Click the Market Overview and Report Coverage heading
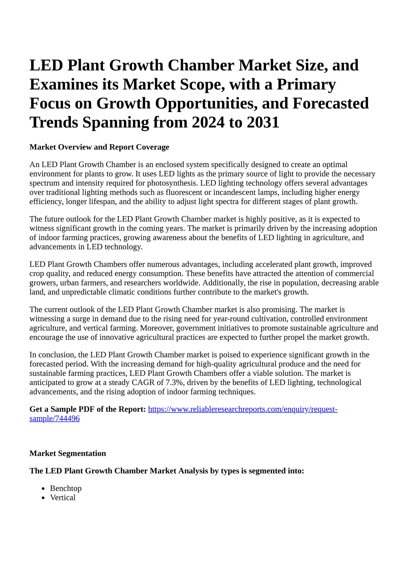99,147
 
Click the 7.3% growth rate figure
174,382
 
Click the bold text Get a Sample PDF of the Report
88,409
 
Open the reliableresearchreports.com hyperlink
243,409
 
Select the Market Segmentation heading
68,453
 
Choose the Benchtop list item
66,488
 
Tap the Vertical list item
63,498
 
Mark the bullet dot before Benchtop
44,489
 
